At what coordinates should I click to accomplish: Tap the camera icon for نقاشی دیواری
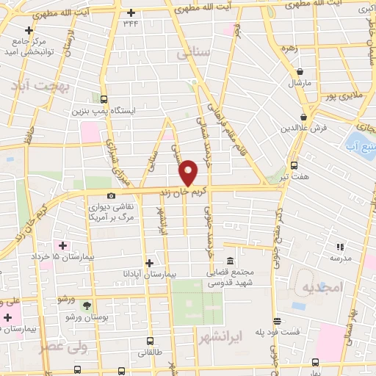click(x=111, y=195)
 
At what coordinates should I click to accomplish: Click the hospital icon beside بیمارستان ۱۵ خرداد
click(x=62, y=245)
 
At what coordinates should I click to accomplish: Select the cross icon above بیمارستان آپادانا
click(x=149, y=262)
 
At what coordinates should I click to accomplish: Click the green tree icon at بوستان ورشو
click(x=88, y=304)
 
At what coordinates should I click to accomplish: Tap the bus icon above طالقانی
click(x=150, y=341)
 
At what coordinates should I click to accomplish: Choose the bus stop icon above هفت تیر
click(x=294, y=165)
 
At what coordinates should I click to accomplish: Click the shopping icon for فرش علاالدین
click(x=303, y=117)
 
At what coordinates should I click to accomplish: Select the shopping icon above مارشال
click(x=300, y=71)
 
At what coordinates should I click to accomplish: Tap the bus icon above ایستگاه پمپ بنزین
click(x=104, y=99)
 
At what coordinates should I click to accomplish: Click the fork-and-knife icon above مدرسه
click(x=339, y=247)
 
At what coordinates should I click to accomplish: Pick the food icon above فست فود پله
click(x=277, y=321)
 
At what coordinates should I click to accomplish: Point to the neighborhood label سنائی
click(x=193, y=54)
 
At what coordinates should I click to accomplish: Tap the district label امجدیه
click(x=322, y=288)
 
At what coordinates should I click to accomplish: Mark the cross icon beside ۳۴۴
click(x=131, y=12)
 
